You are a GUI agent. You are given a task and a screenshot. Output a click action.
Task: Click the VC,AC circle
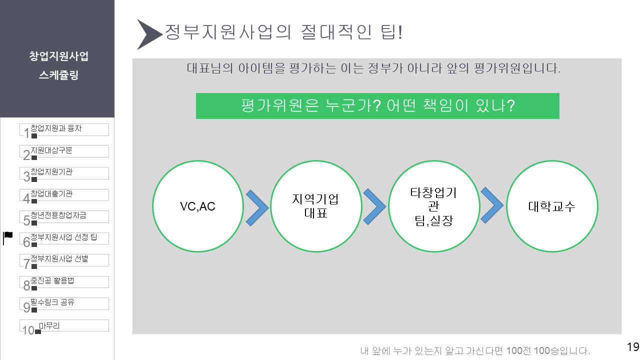(197, 206)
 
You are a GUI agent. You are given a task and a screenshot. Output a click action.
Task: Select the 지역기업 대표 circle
(315, 206)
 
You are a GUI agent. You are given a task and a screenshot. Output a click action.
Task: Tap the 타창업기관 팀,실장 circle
(433, 206)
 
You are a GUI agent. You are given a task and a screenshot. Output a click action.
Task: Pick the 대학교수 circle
(552, 206)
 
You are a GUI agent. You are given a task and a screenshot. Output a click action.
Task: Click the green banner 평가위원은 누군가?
(377, 105)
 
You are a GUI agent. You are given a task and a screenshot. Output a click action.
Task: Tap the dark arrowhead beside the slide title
(148, 34)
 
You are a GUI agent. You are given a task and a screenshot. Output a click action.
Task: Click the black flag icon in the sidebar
(8, 238)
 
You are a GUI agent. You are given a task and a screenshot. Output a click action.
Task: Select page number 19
(632, 347)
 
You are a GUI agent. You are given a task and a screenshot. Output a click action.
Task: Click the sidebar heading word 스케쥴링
(58, 76)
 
